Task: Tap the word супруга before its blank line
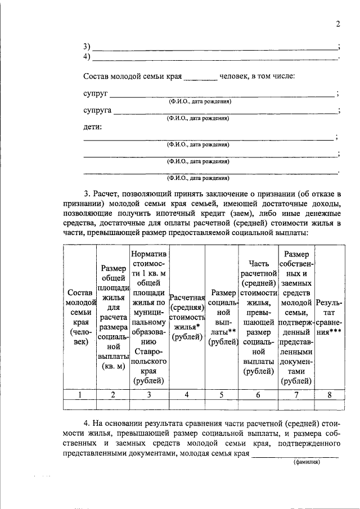click(97, 110)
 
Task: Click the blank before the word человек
click(200, 78)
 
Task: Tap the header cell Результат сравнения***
click(330, 317)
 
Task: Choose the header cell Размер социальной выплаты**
click(222, 317)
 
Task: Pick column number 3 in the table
click(149, 394)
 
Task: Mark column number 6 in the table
click(258, 394)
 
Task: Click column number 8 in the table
click(330, 394)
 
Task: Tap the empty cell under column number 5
click(222, 404)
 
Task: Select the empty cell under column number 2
click(113, 404)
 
